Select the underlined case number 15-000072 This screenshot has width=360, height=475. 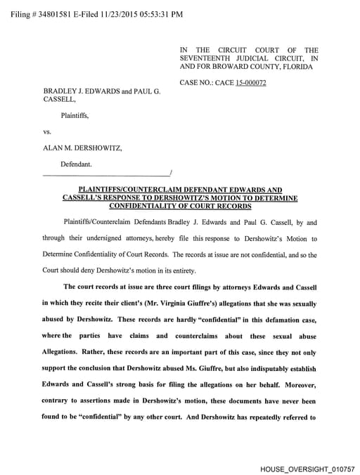pos(250,83)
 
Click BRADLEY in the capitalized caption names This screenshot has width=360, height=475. pos(62,91)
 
